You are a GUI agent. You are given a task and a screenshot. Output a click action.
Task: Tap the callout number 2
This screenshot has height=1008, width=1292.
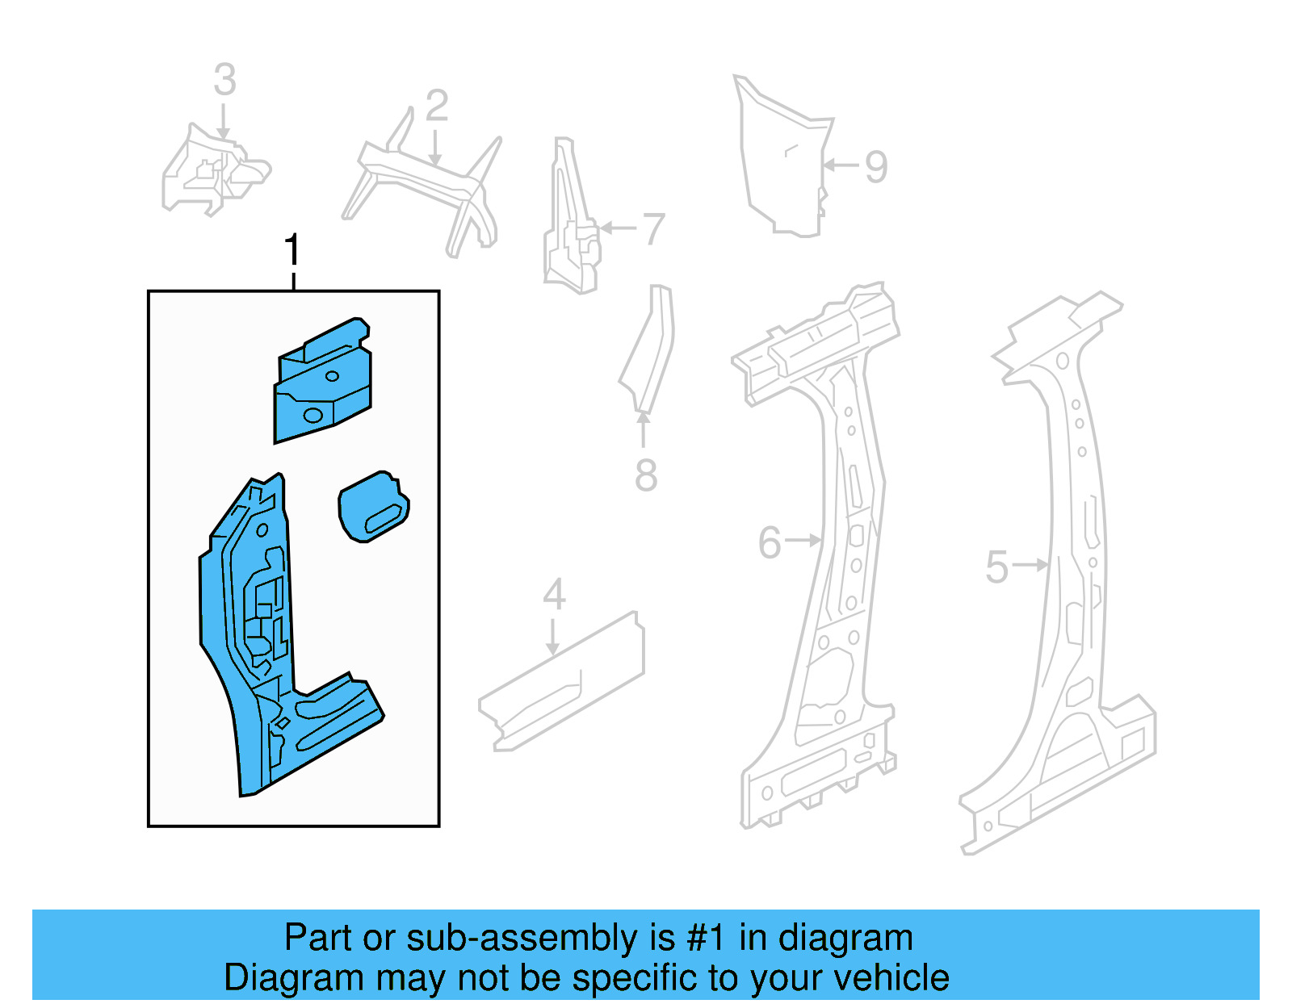[436, 106]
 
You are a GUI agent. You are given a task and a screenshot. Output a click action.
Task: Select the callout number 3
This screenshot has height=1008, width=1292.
[225, 80]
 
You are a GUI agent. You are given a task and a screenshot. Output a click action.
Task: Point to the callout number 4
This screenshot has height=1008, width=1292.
[553, 595]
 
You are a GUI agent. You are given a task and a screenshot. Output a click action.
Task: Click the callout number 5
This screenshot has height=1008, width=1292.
[996, 567]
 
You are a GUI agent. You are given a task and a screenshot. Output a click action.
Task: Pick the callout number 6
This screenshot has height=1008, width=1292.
[770, 542]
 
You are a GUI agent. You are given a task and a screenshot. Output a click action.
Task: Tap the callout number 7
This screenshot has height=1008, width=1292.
[653, 229]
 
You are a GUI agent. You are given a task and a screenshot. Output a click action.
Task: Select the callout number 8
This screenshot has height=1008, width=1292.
[645, 475]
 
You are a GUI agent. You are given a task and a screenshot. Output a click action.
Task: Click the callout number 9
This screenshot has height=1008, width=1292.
[876, 167]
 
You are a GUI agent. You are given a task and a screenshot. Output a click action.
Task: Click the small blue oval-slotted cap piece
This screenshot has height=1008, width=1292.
[373, 507]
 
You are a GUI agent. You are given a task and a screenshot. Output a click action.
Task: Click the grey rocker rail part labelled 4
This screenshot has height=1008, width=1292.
[561, 686]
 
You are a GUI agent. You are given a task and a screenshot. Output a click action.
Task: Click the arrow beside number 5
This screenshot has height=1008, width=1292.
[1030, 565]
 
